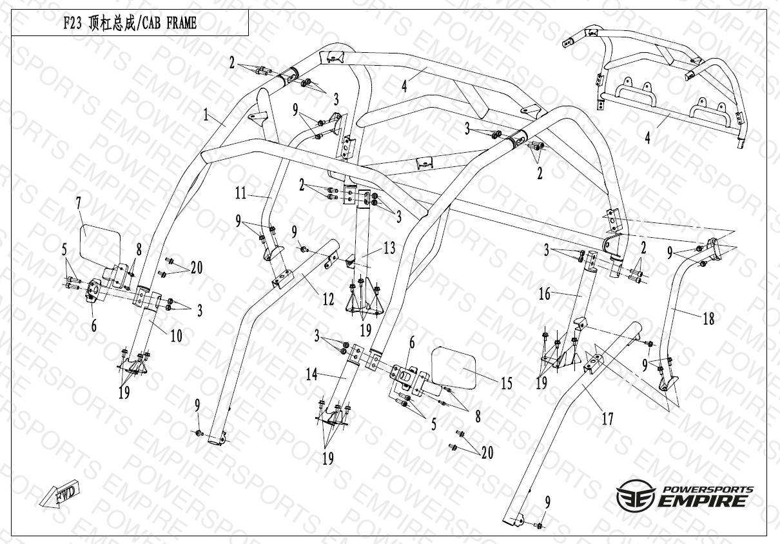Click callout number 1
click(206, 115)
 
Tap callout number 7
click(78, 203)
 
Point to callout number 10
click(176, 335)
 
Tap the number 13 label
click(389, 248)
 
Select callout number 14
click(312, 374)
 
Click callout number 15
click(507, 384)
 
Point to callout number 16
click(545, 294)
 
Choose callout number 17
click(607, 419)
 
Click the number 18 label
click(708, 318)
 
